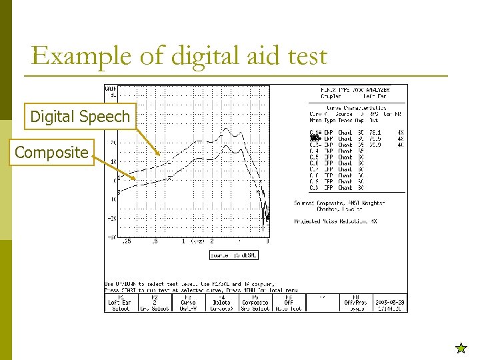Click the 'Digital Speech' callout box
[80, 117]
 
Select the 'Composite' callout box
[51, 153]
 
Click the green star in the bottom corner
[461, 347]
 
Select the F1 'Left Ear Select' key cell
[121, 303]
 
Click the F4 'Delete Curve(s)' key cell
[221, 303]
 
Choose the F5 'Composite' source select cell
[255, 303]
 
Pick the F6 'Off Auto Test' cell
[288, 303]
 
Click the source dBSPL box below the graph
[233, 255]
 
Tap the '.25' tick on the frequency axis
[126, 241]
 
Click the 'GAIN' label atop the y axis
[111, 88]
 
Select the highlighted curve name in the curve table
[315, 139]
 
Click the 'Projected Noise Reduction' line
[336, 221]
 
